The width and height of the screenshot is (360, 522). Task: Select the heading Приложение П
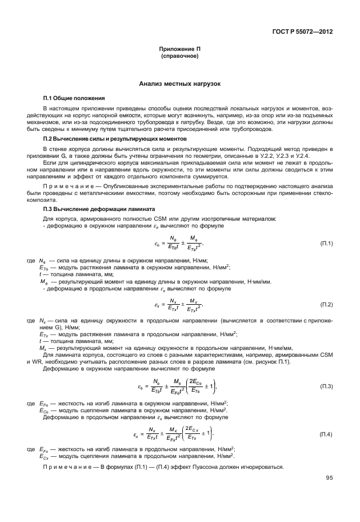tap(179, 50)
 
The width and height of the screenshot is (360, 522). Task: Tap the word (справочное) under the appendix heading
tap(179, 57)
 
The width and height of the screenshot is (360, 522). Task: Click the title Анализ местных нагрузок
tap(179, 84)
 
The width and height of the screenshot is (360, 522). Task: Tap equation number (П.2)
tap(326, 304)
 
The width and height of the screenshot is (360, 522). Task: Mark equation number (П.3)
tap(326, 387)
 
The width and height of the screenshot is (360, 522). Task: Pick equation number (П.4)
tap(326, 435)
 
